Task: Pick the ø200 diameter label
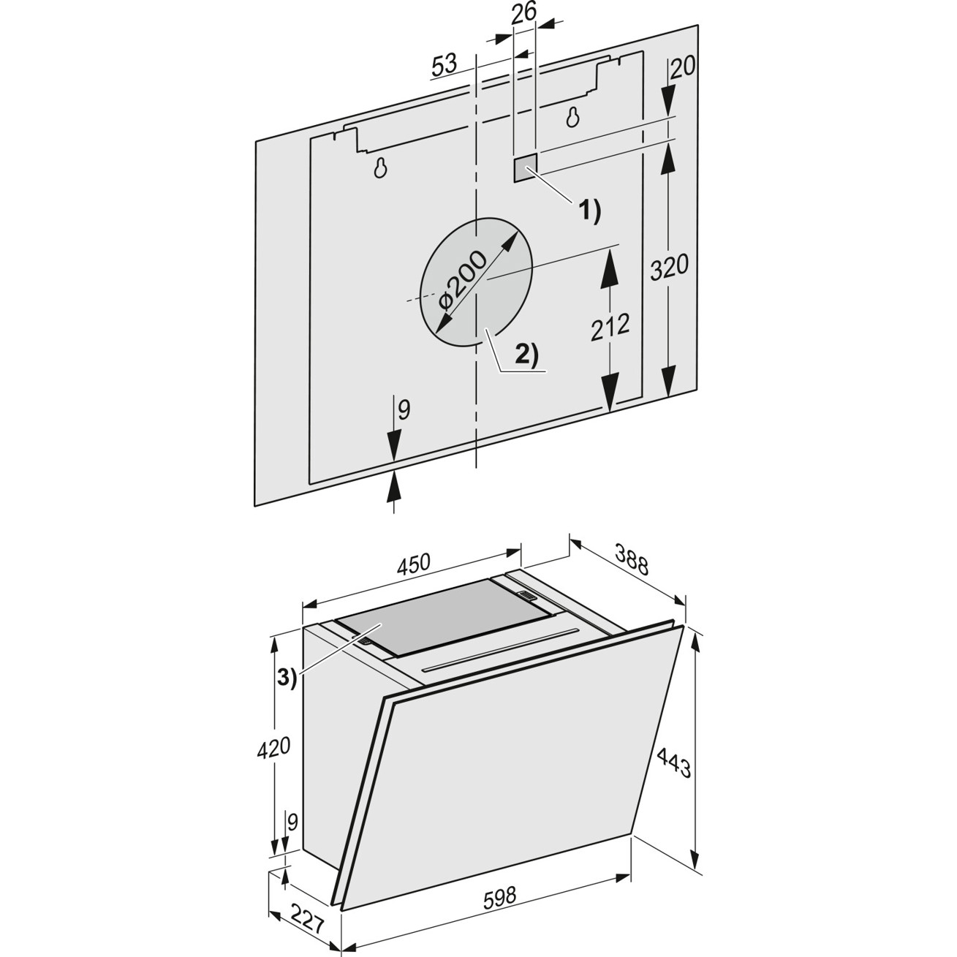pos(462,281)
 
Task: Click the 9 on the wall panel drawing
pos(404,410)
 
